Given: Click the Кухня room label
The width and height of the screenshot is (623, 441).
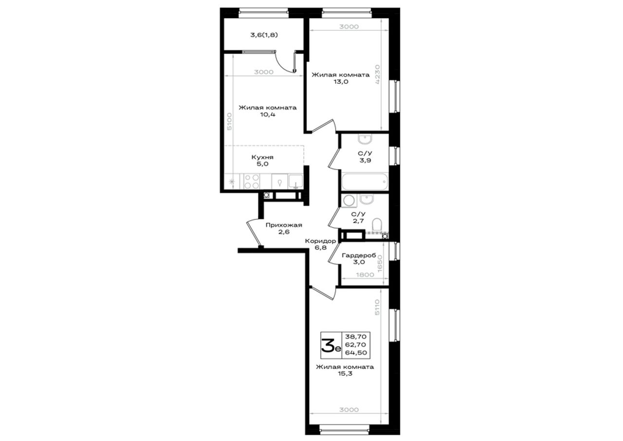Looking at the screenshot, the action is [262, 157].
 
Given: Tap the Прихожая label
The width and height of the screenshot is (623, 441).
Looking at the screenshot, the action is [284, 225].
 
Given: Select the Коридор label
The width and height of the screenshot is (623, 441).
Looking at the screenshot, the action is [320, 241].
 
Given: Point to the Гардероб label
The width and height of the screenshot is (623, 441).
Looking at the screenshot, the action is [359, 255].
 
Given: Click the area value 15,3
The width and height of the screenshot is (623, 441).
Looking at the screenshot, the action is [345, 374].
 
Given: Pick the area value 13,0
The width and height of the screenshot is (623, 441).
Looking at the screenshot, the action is [341, 82].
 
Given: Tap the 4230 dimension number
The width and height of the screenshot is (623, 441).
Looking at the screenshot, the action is [377, 75].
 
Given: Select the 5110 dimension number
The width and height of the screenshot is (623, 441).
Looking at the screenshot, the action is [377, 307].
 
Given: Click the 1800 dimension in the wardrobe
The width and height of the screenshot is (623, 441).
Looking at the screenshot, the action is [365, 275].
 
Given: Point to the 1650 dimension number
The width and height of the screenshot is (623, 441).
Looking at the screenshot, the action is [380, 264].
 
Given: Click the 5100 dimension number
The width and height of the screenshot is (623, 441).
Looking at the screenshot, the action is [229, 121].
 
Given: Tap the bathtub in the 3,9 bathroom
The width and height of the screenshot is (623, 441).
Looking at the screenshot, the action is [365, 182].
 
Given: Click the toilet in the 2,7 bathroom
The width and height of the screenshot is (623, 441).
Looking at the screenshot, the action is [377, 224].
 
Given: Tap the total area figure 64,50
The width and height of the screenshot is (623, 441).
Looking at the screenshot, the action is [356, 353].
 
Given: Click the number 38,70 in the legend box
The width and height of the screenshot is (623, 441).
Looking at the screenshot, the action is [356, 337].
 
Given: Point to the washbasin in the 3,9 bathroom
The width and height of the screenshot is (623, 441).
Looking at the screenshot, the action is [365, 139].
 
